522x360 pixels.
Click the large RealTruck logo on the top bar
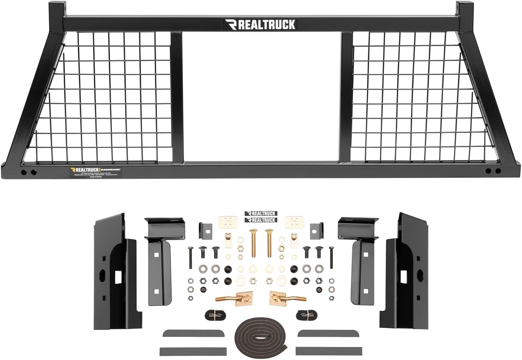[x=260, y=25]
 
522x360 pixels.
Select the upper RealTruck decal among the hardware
[x=261, y=214]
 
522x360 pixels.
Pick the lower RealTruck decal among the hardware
[x=261, y=220]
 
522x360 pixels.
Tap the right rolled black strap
[x=306, y=315]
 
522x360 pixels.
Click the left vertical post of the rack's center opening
[x=177, y=97]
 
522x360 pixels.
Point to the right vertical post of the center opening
[x=346, y=97]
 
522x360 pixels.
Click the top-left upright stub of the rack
[x=56, y=10]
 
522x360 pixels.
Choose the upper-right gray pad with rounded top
[x=328, y=334]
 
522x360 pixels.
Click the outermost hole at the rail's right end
[x=498, y=171]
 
